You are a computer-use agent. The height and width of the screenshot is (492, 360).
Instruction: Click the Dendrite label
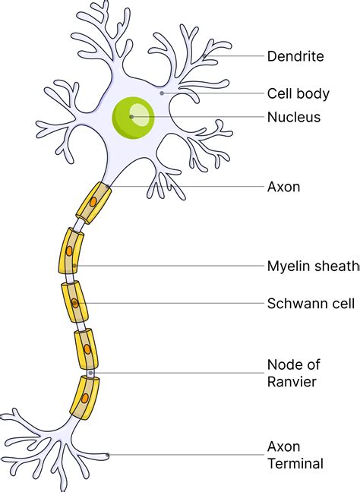tap(295, 56)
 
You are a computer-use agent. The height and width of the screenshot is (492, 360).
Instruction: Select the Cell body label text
tap(298, 94)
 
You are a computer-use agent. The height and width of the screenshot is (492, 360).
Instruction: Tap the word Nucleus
tap(293, 117)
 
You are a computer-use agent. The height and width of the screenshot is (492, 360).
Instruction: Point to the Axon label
tap(283, 186)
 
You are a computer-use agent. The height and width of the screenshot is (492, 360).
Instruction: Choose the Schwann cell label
tap(311, 304)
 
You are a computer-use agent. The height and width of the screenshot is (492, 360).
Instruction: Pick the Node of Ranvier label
tap(291, 372)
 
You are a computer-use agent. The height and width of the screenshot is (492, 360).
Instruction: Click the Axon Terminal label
tap(295, 455)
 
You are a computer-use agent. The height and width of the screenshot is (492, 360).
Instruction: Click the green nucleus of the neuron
tap(134, 117)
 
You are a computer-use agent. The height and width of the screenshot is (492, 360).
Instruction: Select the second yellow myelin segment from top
tap(69, 251)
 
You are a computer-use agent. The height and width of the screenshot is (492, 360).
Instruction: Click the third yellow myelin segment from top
tap(74, 302)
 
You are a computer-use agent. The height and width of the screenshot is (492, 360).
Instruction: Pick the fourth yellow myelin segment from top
tap(85, 349)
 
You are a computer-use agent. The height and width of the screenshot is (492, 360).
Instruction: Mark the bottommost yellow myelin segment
tap(84, 397)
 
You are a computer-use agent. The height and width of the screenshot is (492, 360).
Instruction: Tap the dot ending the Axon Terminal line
tap(109, 455)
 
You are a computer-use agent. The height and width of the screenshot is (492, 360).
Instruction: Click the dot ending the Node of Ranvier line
tap(91, 373)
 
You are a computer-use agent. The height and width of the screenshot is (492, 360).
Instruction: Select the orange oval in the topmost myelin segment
tap(93, 203)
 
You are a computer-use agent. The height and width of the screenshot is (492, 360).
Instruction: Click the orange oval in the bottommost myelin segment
tap(85, 397)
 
